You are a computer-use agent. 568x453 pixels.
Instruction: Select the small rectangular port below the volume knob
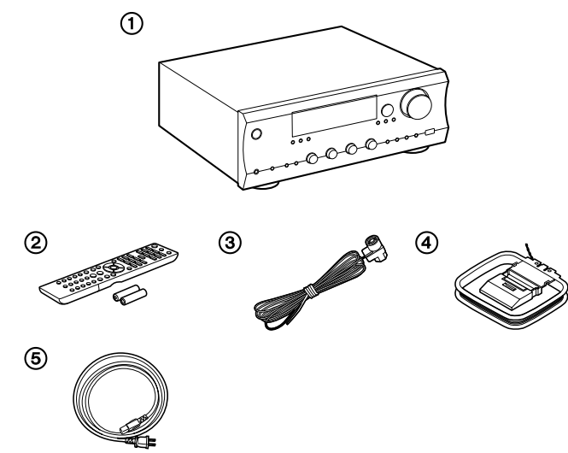pos(429,132)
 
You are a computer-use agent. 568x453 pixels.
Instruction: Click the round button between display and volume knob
pos(387,110)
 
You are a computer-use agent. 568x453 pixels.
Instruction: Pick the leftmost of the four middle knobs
pos(312,157)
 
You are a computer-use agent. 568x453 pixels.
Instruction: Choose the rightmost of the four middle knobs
pos(372,144)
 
